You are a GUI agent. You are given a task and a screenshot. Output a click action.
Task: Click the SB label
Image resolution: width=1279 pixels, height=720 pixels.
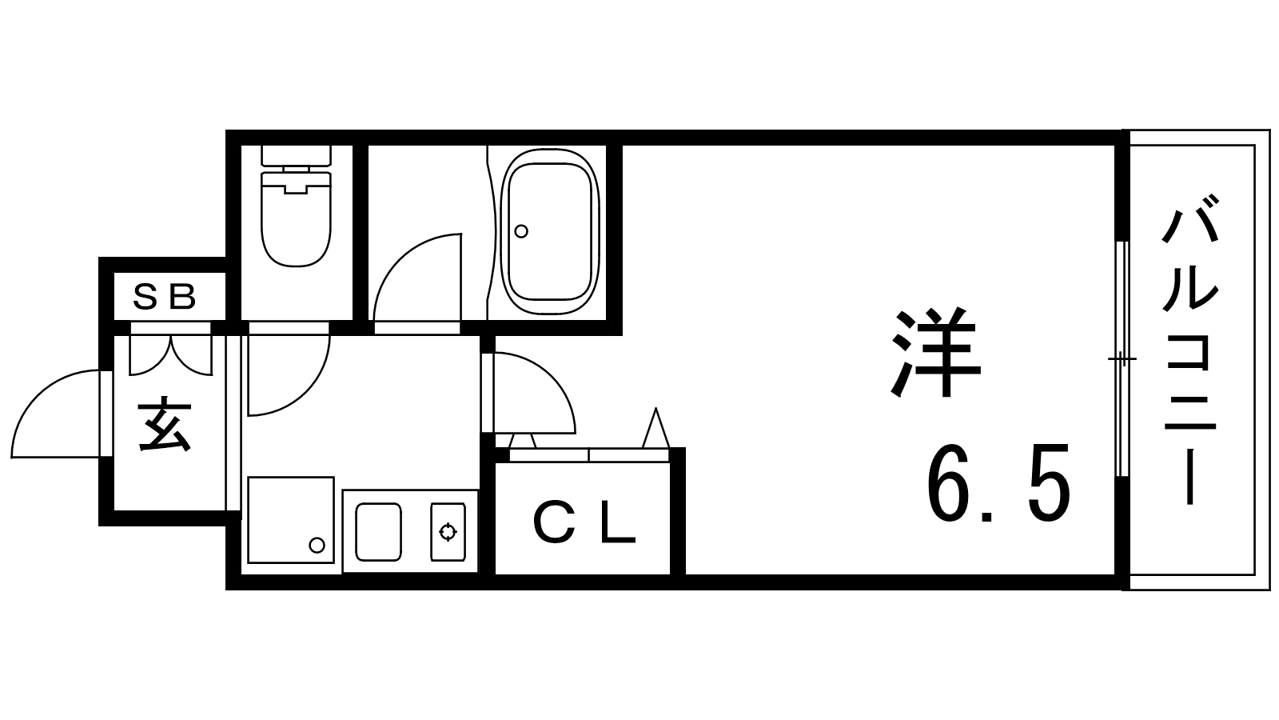coord(164,297)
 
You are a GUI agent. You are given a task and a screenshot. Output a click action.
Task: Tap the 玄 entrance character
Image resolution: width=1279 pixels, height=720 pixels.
coord(165,424)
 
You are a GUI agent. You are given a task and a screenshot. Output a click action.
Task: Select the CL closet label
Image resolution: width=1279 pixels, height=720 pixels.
coord(584,523)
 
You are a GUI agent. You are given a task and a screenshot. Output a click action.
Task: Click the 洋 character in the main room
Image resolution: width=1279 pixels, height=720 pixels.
coord(935,353)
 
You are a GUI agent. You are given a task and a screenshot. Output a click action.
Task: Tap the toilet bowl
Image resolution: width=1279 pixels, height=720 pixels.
coord(296,219)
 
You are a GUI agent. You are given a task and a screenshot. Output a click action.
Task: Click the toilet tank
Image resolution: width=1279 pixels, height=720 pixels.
coord(296,156)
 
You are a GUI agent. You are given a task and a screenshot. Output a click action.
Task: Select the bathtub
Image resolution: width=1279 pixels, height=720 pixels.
coord(550,231)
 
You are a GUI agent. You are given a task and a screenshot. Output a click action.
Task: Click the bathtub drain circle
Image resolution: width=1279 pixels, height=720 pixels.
coord(520,231)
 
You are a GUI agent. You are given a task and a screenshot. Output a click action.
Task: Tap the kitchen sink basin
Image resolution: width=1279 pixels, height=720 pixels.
coord(378,532)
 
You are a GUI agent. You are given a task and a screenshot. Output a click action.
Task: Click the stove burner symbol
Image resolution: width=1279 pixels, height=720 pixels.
coord(448,532)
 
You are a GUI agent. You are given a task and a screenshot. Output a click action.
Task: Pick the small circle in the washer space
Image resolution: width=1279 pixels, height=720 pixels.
coord(317,545)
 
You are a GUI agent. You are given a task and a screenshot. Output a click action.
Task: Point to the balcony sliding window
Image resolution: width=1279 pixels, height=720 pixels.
coord(1122,359)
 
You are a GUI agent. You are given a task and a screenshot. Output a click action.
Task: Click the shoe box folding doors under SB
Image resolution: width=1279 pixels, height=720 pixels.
coord(171,355)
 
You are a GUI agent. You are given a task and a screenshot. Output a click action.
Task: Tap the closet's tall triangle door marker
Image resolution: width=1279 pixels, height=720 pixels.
coord(655,428)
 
